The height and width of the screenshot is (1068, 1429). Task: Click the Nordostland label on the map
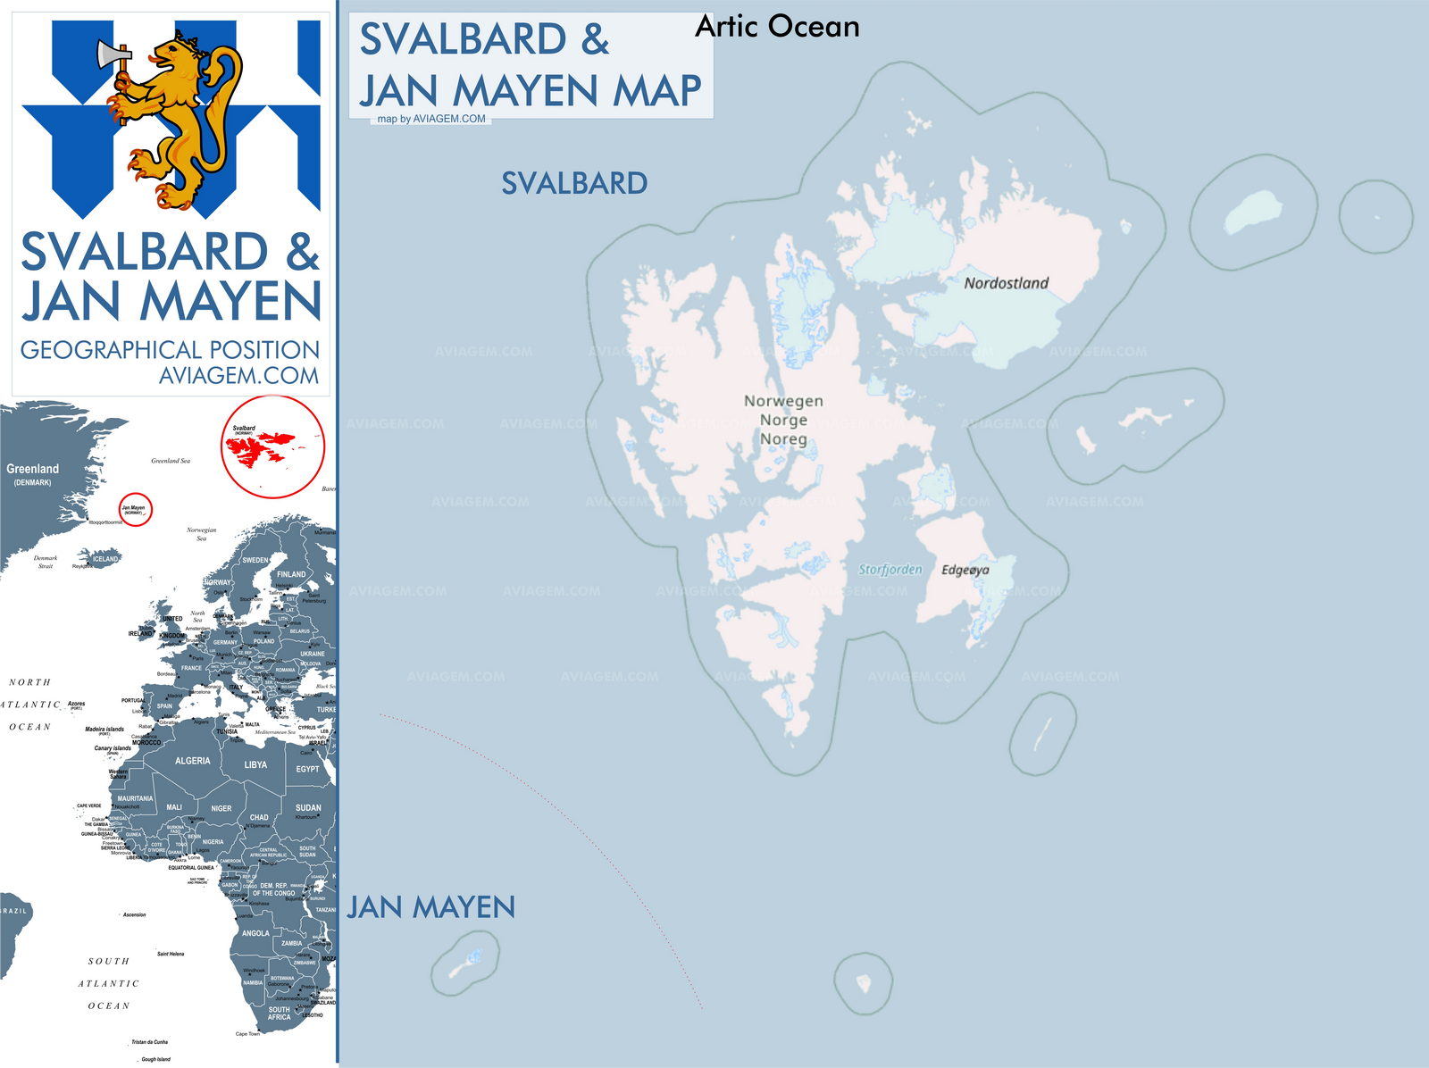(x=1006, y=283)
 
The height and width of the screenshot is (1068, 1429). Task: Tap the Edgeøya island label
(x=965, y=570)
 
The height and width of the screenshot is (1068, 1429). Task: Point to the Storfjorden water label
(x=890, y=569)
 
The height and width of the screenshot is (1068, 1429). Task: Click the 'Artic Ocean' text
(x=777, y=27)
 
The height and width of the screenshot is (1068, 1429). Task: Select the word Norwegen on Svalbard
(x=783, y=401)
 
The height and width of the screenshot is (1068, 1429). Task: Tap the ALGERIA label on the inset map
(x=192, y=761)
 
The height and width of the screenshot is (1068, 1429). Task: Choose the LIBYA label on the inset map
(x=255, y=764)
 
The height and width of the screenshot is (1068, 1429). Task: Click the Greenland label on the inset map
(x=33, y=469)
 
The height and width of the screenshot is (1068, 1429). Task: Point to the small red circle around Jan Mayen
(x=136, y=509)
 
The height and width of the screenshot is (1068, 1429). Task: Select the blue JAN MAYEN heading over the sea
(x=430, y=907)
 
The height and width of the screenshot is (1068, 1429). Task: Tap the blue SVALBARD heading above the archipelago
(x=574, y=183)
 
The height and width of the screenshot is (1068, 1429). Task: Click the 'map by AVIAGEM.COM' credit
(x=431, y=119)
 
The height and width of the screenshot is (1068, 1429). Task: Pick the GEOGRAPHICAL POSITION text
(x=170, y=349)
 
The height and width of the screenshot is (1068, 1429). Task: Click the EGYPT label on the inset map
(x=307, y=769)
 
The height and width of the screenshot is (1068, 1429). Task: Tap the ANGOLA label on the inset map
(x=255, y=933)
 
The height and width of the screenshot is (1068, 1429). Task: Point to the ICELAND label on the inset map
(x=105, y=559)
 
